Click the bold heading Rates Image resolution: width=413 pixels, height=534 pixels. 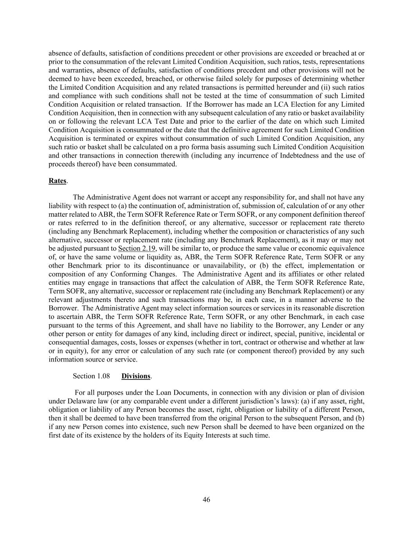pos(57,181)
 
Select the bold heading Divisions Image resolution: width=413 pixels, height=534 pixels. pos(136,376)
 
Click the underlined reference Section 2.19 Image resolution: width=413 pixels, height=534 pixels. pos(137,248)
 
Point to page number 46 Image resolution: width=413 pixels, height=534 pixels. pos(206,500)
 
